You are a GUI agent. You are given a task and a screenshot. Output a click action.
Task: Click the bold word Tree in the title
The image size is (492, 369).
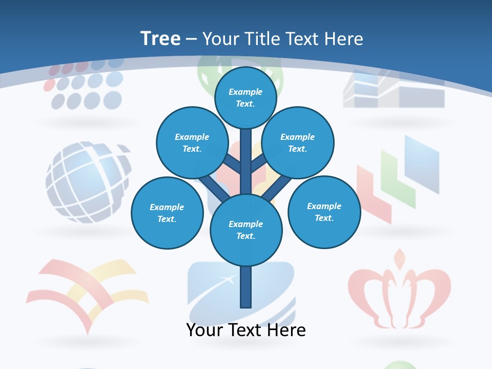160,38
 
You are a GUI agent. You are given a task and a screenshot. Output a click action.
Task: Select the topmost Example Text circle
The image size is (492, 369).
245,97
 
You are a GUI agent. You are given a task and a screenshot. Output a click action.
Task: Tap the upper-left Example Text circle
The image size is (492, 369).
192,142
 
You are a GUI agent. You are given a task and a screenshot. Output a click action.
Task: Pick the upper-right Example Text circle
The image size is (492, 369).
298,142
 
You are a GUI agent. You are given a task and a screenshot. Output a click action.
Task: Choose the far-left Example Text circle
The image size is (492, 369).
167,213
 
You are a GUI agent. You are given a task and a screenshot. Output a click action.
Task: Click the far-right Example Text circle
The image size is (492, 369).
324,212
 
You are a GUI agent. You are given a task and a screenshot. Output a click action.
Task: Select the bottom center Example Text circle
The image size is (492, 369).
246,230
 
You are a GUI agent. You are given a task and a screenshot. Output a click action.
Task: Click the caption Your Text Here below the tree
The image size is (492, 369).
246,330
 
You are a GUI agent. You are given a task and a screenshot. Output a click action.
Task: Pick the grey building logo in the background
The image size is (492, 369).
394,90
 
